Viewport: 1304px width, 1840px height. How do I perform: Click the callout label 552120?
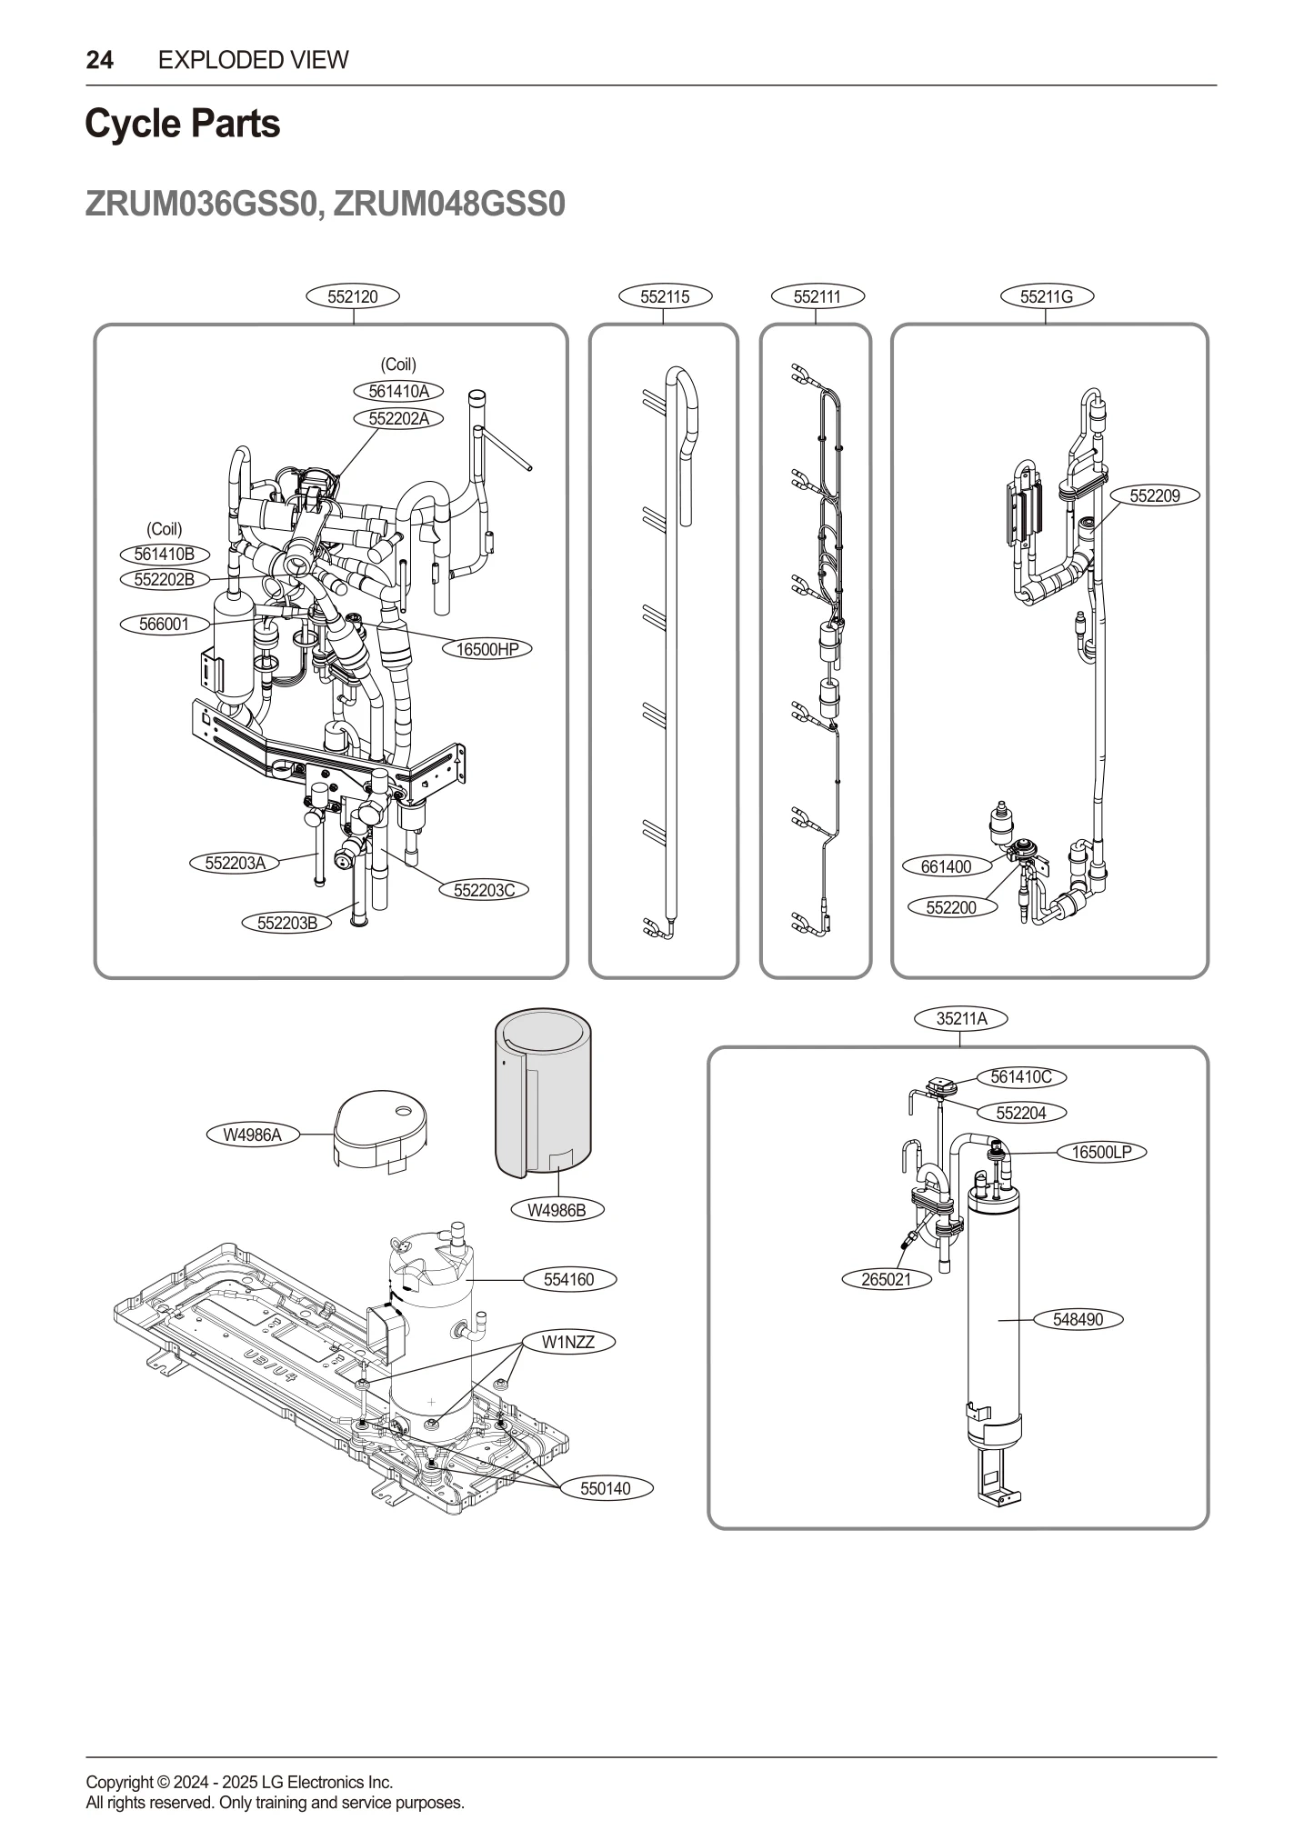353,296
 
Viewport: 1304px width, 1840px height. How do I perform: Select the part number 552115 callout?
664,296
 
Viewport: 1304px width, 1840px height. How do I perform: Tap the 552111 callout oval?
817,296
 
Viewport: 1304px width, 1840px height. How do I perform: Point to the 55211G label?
1046,296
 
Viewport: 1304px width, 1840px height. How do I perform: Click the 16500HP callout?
487,649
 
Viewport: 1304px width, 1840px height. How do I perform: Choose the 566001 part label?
165,624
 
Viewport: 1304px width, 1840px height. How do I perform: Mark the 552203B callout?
287,924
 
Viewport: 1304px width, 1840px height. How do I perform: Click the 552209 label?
1154,495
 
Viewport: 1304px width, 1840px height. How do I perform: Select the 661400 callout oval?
946,866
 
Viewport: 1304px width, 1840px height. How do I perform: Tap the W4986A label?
253,1135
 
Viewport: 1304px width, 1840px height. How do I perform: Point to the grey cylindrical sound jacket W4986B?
543,1091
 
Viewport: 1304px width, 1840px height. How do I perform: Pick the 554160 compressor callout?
569,1279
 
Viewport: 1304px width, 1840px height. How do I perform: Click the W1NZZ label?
568,1342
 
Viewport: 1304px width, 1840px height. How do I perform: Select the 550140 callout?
606,1489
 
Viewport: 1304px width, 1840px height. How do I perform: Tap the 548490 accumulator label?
1078,1319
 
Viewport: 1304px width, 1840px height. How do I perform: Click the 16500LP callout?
1101,1152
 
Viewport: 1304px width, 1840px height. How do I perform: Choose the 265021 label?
886,1279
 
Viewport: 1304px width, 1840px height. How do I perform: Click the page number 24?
100,60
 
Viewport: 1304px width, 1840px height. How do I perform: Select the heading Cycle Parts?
183,124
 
